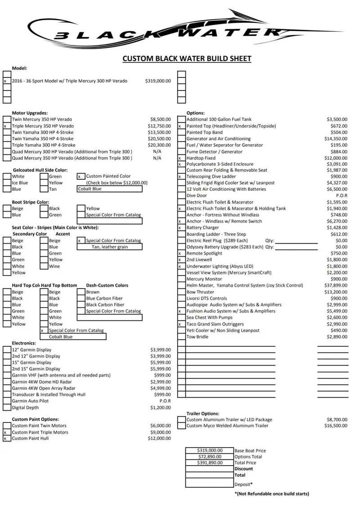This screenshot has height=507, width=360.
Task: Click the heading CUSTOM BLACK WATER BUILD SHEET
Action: pyautogui.click(x=187, y=59)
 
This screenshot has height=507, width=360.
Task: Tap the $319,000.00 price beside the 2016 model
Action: pyautogui.click(x=158, y=81)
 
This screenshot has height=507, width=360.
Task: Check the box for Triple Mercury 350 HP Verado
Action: pyautogui.click(x=7, y=126)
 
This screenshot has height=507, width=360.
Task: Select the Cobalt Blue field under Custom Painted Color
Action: pyautogui.click(x=109, y=189)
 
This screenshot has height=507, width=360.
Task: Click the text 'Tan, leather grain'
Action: pyautogui.click(x=109, y=247)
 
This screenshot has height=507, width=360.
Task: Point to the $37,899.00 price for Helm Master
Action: pyautogui.click(x=335, y=285)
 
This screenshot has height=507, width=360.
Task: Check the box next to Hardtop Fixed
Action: pyautogui.click(x=181, y=158)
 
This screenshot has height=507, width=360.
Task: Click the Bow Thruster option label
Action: pyautogui.click(x=200, y=292)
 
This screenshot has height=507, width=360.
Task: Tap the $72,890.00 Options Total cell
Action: pyautogui.click(x=209, y=457)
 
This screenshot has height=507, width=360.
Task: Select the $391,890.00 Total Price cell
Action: pyautogui.click(x=209, y=462)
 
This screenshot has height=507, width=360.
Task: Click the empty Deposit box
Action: pyautogui.click(x=209, y=483)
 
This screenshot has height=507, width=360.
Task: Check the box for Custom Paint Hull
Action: pyautogui.click(x=7, y=438)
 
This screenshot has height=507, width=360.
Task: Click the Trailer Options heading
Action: pyautogui.click(x=203, y=413)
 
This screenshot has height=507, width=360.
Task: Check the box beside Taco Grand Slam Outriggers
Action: pyautogui.click(x=181, y=324)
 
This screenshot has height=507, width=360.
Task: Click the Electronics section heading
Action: pyautogui.click(x=24, y=343)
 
